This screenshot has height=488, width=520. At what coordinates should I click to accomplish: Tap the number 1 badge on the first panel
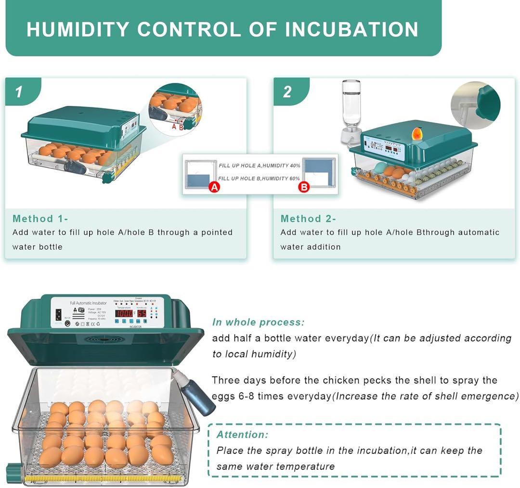(x=19, y=91)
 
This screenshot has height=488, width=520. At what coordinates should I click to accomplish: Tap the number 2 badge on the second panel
(x=287, y=91)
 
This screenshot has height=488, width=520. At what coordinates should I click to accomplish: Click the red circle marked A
(x=214, y=187)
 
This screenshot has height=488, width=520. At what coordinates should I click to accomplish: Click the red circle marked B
(x=304, y=187)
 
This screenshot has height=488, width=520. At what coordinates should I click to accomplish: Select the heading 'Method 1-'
(x=40, y=218)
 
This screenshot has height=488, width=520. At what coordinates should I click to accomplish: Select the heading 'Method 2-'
(x=308, y=218)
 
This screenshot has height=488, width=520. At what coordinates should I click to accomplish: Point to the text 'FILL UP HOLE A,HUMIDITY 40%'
(x=259, y=166)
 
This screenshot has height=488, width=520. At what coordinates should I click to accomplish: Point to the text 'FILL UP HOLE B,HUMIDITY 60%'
(x=259, y=179)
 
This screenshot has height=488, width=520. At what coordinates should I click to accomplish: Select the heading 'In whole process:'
(x=258, y=322)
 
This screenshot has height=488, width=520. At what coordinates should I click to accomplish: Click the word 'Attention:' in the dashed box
(x=242, y=435)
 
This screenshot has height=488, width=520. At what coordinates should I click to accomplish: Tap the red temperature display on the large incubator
(x=124, y=313)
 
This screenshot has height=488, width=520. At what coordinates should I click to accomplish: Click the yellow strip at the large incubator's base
(x=104, y=479)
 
